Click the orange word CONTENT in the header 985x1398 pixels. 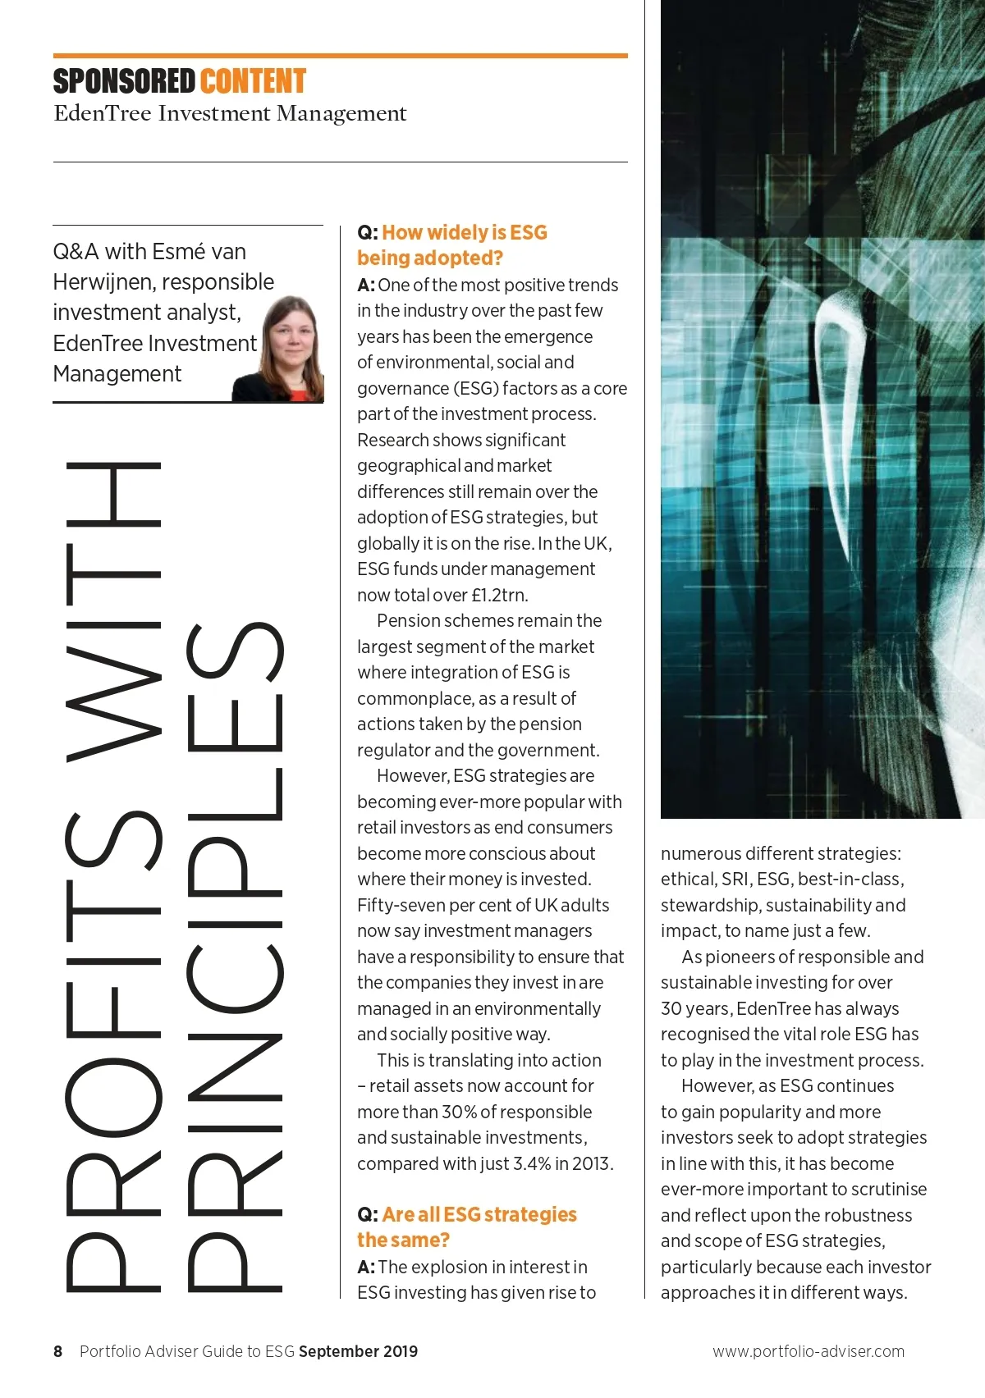(253, 82)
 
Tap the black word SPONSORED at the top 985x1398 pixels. (124, 82)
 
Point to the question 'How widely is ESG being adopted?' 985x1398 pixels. (452, 245)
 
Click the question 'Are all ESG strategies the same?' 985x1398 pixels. (467, 1227)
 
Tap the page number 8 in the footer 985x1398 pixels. (57, 1351)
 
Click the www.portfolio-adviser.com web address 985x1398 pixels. (808, 1351)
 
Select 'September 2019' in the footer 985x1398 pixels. (358, 1351)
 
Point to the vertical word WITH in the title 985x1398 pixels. (112, 611)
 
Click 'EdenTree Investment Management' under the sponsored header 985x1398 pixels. (230, 113)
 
